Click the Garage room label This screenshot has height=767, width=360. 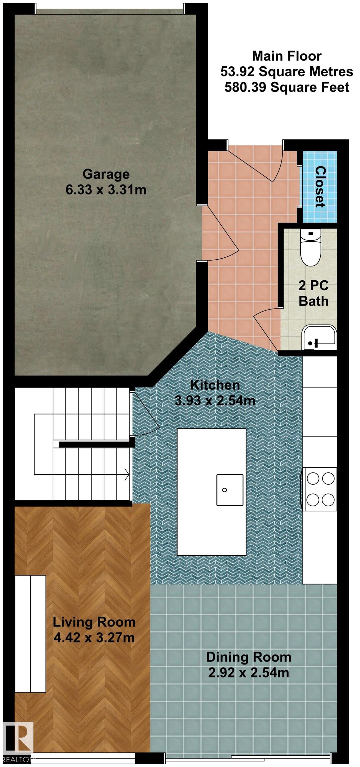pos(106,174)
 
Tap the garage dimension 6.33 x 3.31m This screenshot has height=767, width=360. pos(106,190)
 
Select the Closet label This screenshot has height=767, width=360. pos(320,187)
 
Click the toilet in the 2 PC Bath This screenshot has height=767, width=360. pos(310,248)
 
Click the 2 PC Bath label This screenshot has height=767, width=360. pos(313,293)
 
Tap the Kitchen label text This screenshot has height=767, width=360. pos(215,385)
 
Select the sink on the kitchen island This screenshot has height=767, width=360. pos(229,490)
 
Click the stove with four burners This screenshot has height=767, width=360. pos(320,489)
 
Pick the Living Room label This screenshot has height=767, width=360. pos(94,622)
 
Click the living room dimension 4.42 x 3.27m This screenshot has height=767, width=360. pos(94,638)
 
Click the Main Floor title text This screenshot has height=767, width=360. pos(287,56)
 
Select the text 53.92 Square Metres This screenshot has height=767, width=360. pos(287,72)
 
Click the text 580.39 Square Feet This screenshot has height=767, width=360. pos(287,87)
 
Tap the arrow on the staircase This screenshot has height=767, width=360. pos(127,474)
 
